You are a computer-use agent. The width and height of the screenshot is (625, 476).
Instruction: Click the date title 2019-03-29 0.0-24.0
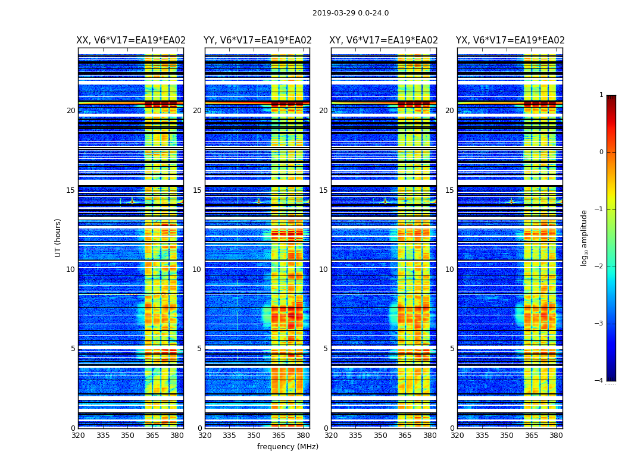[x=351, y=13]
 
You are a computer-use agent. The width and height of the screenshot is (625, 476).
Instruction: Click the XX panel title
[x=131, y=40]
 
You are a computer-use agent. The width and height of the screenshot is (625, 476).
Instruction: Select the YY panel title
[x=258, y=40]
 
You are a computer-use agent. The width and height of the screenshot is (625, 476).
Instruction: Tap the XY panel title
[x=384, y=40]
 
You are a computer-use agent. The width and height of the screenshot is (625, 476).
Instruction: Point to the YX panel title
[x=510, y=40]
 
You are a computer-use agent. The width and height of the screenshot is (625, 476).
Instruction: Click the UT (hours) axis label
[x=58, y=237]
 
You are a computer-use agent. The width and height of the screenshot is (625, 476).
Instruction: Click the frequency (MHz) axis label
[x=287, y=447]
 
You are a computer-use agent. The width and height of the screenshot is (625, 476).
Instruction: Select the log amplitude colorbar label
[x=585, y=237]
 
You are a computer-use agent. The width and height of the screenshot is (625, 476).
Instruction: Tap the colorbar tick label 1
[x=601, y=95]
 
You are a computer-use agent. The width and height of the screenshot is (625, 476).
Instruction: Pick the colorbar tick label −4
[x=600, y=381]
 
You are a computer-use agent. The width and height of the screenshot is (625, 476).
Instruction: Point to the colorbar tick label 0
[x=601, y=152]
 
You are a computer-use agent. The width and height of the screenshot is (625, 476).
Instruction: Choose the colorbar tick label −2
[x=600, y=267]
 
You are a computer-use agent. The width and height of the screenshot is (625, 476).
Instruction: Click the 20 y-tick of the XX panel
[x=71, y=111]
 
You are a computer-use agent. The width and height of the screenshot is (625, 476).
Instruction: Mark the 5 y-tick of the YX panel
[x=452, y=349]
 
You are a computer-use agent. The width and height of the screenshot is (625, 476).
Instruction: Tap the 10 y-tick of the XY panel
[x=323, y=270]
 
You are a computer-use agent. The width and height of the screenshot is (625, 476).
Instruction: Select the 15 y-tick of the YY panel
[x=197, y=190]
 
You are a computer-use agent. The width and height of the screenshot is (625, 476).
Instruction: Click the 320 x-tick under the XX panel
[x=78, y=435]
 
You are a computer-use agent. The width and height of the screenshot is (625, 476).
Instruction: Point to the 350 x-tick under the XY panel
[x=380, y=435]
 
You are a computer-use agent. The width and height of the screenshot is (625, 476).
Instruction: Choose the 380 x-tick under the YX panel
[x=556, y=435]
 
